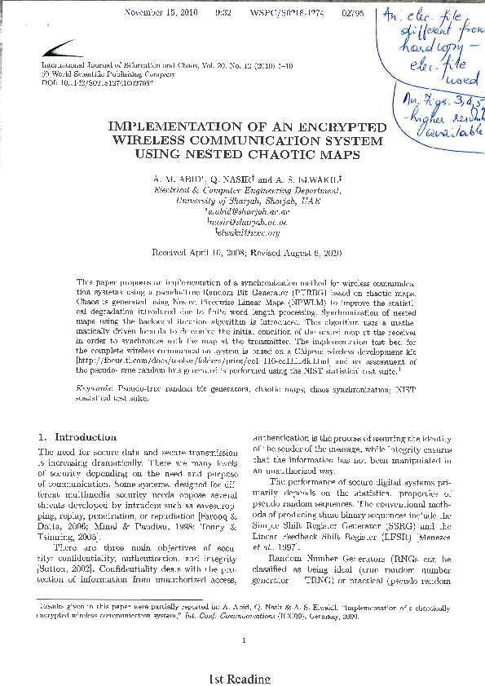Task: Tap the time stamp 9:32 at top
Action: (x=223, y=14)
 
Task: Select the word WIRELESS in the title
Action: (x=148, y=139)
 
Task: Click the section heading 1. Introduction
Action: (x=73, y=438)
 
